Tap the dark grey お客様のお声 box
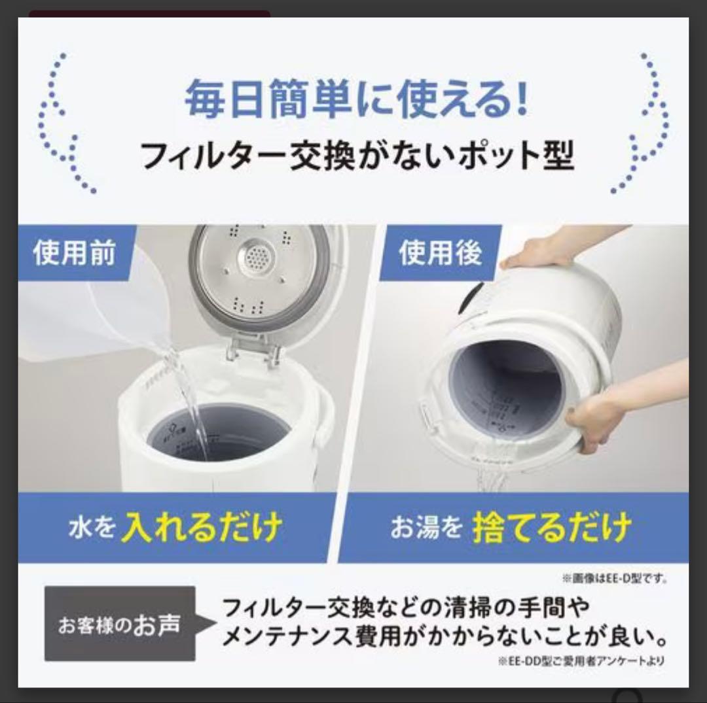pyautogui.click(x=120, y=624)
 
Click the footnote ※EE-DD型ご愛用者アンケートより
pyautogui.click(x=581, y=661)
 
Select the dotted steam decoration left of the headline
pyautogui.click(x=62, y=124)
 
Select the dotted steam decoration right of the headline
pyautogui.click(x=645, y=124)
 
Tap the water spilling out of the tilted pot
pyautogui.click(x=494, y=477)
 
